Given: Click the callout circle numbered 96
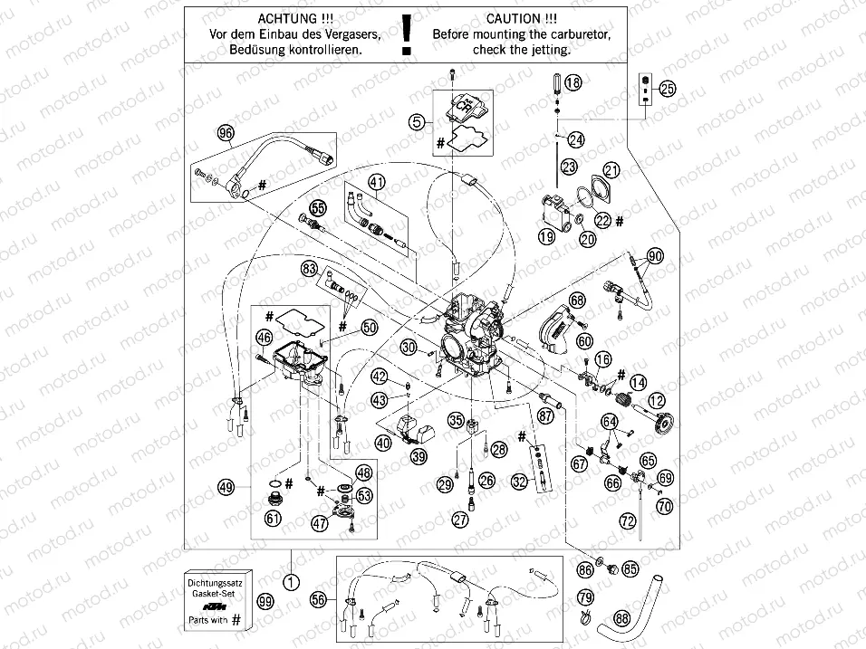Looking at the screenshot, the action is (225, 133).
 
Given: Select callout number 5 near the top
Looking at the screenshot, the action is (416, 119).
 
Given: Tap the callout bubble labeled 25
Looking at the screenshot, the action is (668, 89).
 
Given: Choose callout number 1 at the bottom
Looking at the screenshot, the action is (290, 582).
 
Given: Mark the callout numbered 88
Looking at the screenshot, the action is (621, 619).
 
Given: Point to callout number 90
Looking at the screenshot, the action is (654, 256).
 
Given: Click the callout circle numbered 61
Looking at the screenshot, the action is (273, 518).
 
